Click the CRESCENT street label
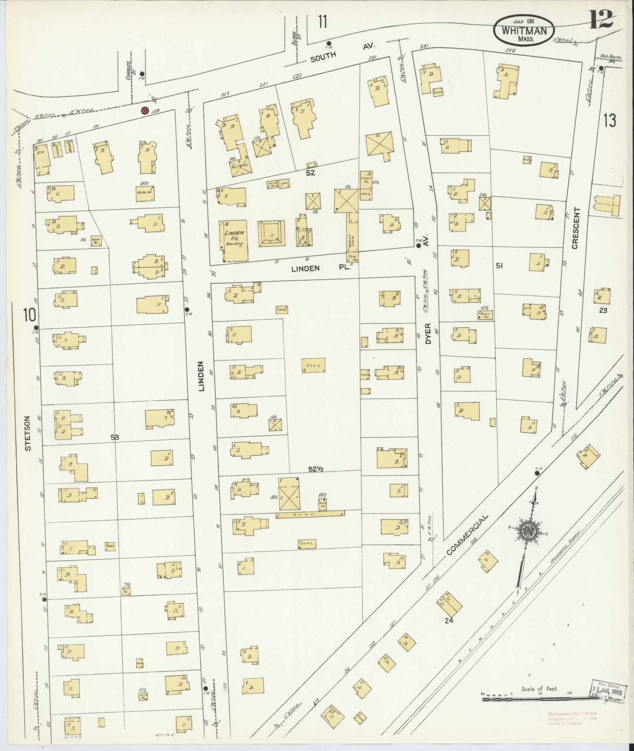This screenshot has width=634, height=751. click(x=576, y=228)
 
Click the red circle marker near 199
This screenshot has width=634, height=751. click(x=145, y=110)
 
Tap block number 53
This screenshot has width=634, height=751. click(x=114, y=437)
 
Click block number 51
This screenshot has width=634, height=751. click(x=499, y=266)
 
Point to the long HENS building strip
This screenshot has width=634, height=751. click(x=310, y=515)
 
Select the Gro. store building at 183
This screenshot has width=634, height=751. click(x=42, y=161)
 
